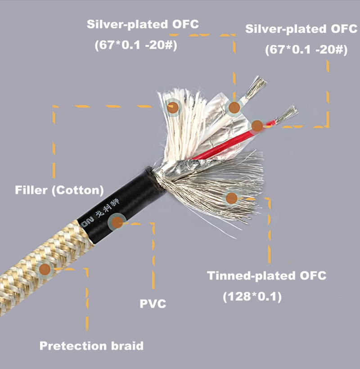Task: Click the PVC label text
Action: pyautogui.click(x=153, y=304)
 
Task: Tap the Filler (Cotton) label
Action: pyautogui.click(x=59, y=190)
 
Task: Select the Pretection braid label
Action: pyautogui.click(x=91, y=346)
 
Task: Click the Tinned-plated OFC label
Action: pyautogui.click(x=266, y=276)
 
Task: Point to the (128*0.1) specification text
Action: pyautogui.click(x=252, y=297)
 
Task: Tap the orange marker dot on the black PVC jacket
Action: pyautogui.click(x=118, y=221)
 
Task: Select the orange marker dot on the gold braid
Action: pyautogui.click(x=45, y=270)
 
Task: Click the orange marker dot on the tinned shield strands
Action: pyautogui.click(x=232, y=198)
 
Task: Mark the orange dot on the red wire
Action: pyautogui.click(x=256, y=126)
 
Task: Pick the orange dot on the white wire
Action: pyautogui.click(x=234, y=107)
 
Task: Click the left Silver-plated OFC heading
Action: pyautogui.click(x=143, y=25)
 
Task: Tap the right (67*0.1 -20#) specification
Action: pyautogui.click(x=306, y=50)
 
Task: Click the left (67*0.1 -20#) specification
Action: pyautogui.click(x=135, y=45)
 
